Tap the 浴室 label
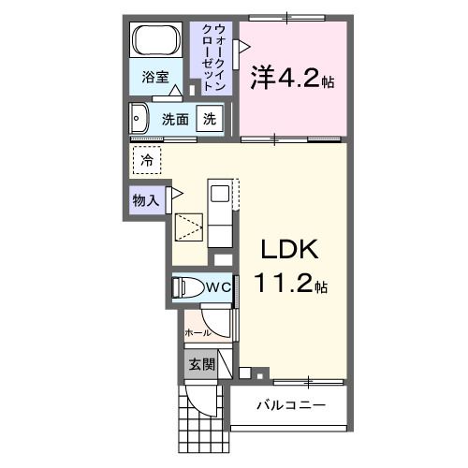coord(155,78)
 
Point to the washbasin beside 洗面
coord(140,120)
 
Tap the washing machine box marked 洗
coord(211,120)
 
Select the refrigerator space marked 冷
coord(147,161)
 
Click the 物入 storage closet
coord(146,199)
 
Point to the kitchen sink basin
coord(219,195)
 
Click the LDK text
coord(290,250)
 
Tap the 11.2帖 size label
coord(292,284)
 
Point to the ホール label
coord(197,332)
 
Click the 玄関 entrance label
coord(200,364)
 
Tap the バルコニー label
coord(290,405)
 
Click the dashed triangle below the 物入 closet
coord(190,227)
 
